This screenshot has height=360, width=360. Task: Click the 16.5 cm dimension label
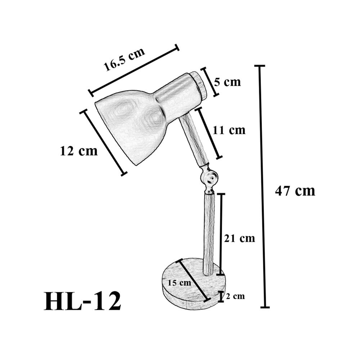coord(124,59)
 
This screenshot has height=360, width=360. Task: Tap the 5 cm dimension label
coord(227,82)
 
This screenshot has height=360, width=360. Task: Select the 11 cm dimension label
coord(229,130)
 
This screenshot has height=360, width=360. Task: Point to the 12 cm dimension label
coord(79,151)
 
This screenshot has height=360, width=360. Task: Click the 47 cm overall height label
coord(295,190)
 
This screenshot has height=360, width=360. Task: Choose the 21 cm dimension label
coord(239,238)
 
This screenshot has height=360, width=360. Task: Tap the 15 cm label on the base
coord(179,283)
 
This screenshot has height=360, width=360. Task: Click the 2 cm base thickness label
coord(235,296)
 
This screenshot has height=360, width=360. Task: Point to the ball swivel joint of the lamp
coord(209,178)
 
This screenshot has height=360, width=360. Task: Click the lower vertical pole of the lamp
coord(209,234)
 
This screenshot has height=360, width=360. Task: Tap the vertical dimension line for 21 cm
coord(221,234)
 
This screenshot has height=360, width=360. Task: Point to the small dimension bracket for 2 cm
coord(221,296)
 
